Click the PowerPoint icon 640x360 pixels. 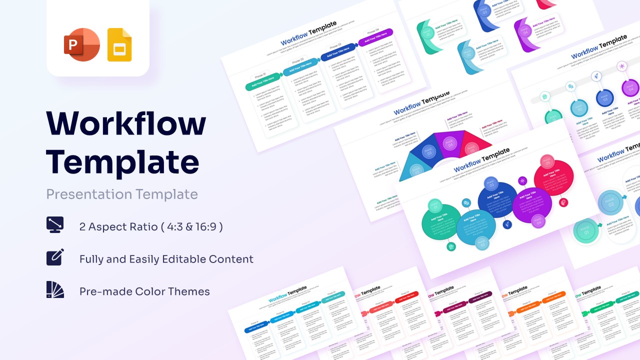82,45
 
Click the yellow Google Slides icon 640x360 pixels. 119,45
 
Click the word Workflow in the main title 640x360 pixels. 126,123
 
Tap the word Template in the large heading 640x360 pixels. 122,161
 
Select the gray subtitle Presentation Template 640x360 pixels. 122,194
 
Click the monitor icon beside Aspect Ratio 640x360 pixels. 55,225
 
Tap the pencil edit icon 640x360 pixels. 55,257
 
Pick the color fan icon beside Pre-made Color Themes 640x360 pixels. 55,289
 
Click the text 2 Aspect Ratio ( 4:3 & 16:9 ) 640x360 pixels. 151,226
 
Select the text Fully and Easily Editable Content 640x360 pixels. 166,259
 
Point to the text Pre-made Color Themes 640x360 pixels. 144,291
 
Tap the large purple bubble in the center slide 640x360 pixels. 531,205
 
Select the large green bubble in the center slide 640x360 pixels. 441,222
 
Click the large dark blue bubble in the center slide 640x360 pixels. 497,199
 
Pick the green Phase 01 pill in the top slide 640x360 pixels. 263,82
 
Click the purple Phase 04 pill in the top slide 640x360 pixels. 375,37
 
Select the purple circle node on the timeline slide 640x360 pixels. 630,88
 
